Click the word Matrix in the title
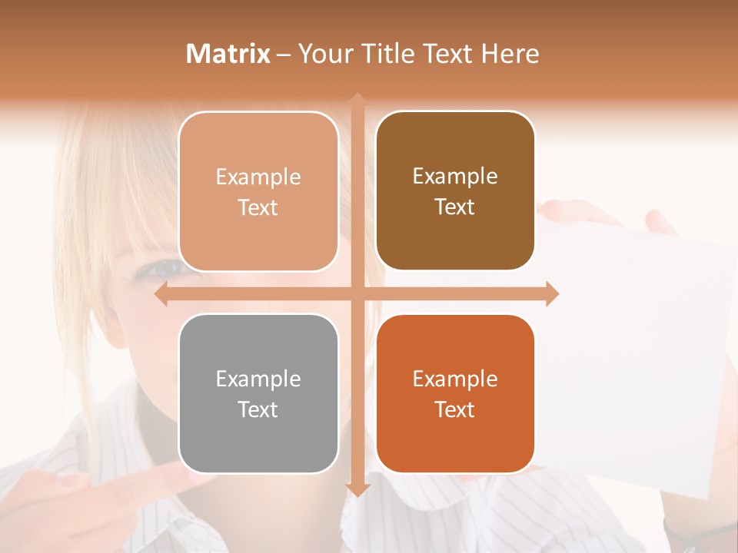tap(228, 54)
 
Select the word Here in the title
tap(510, 54)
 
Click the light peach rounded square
tap(258, 191)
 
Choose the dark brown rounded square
tap(455, 191)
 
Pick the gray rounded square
tap(258, 394)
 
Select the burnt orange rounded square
tap(455, 394)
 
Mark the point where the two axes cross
tap(357, 294)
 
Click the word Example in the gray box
tap(258, 379)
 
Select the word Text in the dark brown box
tap(455, 207)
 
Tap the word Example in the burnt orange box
tap(455, 379)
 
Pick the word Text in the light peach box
tap(258, 207)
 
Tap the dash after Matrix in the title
tap(284, 55)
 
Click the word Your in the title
tap(323, 54)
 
